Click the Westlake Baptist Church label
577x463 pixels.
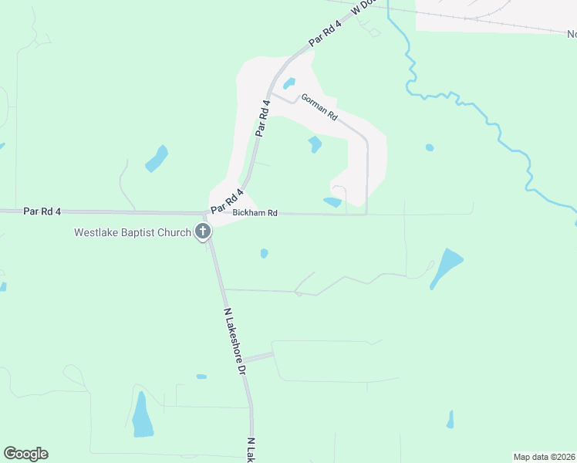[x=132, y=232]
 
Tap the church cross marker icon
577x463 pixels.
[x=202, y=231]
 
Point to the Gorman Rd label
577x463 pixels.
[x=319, y=106]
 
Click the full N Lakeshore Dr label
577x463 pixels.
[x=235, y=342]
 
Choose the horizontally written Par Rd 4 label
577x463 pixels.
[x=42, y=210]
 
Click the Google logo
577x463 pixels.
[x=25, y=454]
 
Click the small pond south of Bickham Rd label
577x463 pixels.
[x=265, y=253]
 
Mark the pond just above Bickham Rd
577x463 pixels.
[x=332, y=202]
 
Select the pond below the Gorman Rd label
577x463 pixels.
[x=315, y=144]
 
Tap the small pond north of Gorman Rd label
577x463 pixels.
[x=289, y=83]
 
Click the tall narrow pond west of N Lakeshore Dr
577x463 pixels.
[x=142, y=414]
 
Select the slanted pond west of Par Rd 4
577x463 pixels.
[x=157, y=158]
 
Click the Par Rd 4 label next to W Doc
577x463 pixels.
[x=325, y=35]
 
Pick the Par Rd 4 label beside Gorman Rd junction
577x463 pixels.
[x=264, y=118]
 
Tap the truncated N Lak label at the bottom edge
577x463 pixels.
[x=251, y=451]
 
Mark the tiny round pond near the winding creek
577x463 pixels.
[x=430, y=147]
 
